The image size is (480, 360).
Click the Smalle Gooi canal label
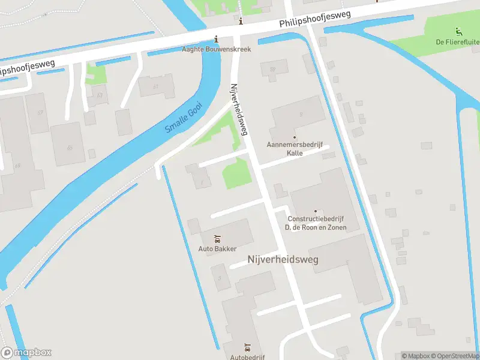click(184, 118)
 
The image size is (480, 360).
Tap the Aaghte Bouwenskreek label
click(217, 49)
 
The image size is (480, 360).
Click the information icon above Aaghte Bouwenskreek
click(241, 22)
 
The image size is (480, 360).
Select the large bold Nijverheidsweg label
click(283, 259)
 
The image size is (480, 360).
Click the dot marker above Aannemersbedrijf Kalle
click(295, 137)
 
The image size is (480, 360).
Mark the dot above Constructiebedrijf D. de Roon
click(316, 211)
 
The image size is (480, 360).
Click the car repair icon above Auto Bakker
click(217, 239)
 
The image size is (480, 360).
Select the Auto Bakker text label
click(217, 248)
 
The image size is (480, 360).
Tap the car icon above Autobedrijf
click(247, 347)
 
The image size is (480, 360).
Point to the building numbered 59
click(273, 70)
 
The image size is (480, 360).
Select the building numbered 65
click(70, 148)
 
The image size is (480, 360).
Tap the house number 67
click(40, 113)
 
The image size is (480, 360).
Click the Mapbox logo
click(27, 353)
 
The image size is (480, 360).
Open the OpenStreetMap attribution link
click(454, 356)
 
